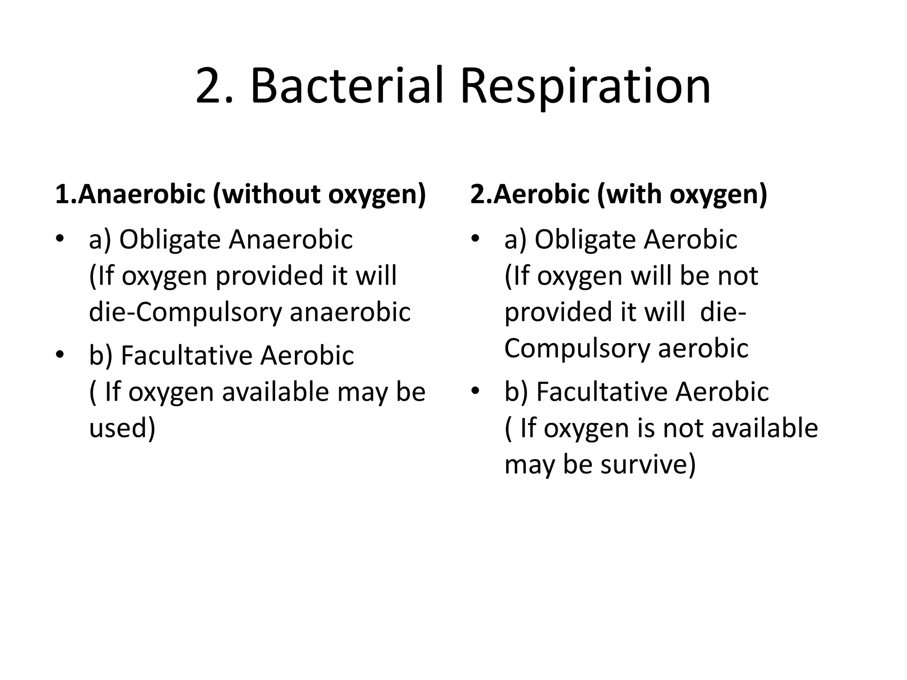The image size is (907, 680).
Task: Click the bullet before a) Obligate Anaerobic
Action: [x=60, y=239]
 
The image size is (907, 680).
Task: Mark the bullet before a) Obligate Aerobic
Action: [x=475, y=239]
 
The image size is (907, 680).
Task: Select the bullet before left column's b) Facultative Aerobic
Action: [x=60, y=355]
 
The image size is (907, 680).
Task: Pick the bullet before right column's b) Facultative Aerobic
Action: [x=475, y=391]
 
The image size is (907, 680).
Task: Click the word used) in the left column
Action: [x=122, y=428]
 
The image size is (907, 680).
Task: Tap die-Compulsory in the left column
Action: [x=185, y=312]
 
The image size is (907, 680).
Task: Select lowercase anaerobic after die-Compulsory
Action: [x=350, y=312]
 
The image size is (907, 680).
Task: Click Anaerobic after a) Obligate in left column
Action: [x=291, y=240]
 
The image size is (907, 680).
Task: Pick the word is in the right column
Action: [x=646, y=428]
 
